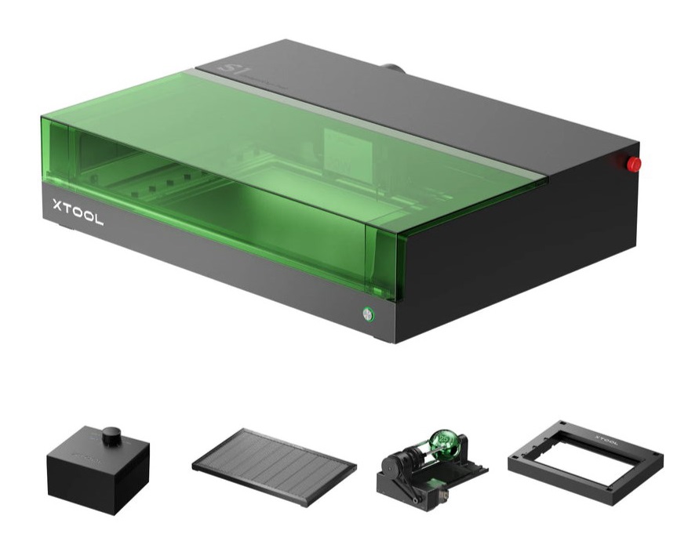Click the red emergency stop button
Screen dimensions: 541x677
coord(632,164)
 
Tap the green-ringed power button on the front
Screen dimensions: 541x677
coord(367,315)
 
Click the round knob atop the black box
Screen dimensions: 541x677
coord(113,433)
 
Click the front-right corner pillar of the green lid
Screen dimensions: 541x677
coord(384,259)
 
